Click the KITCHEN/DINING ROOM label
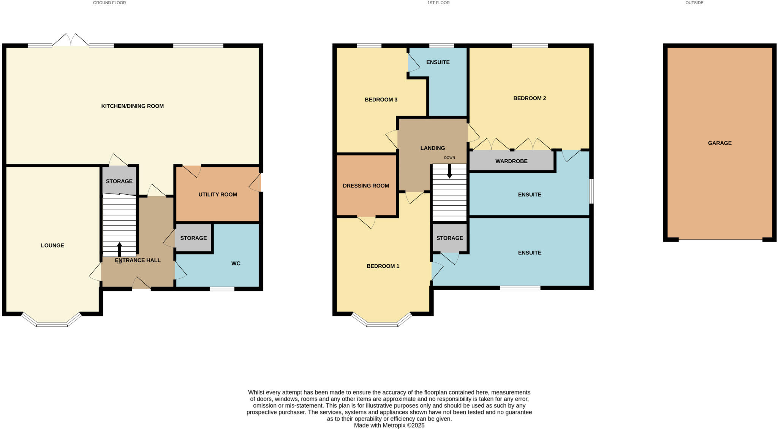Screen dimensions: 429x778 click(x=132, y=106)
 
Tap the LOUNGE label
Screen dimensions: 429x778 click(x=52, y=245)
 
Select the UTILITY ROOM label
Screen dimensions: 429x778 click(x=218, y=194)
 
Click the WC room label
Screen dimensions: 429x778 click(x=236, y=263)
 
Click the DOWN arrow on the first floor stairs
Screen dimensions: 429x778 click(x=449, y=172)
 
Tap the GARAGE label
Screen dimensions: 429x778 click(x=719, y=143)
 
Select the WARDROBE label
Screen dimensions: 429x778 click(x=511, y=161)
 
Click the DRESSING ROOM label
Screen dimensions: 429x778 click(x=366, y=186)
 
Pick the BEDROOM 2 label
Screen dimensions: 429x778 click(x=530, y=98)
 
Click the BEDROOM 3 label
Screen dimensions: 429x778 click(x=381, y=100)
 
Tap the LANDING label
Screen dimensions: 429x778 click(x=432, y=148)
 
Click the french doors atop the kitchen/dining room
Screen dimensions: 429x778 click(x=71, y=40)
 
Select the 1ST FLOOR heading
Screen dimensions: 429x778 click(x=438, y=3)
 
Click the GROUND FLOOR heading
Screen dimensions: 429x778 click(x=109, y=3)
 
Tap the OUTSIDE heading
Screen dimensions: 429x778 click(x=694, y=3)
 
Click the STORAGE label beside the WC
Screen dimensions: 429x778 click(x=193, y=238)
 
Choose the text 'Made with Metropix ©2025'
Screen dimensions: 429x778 click(x=389, y=425)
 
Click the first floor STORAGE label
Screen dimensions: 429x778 click(x=449, y=238)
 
